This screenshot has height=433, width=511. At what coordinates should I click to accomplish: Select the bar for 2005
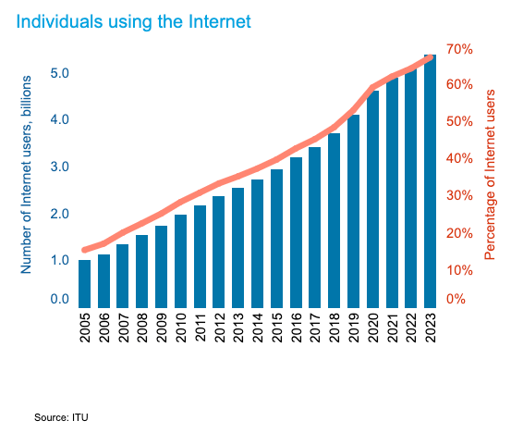pos(85,283)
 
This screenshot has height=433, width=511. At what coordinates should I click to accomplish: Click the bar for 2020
pos(373,199)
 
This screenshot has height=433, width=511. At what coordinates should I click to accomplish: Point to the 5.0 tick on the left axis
pos(59,73)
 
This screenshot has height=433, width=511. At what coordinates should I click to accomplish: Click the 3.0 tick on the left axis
pos(59,167)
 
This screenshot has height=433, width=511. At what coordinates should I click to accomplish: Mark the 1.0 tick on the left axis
pos(59,260)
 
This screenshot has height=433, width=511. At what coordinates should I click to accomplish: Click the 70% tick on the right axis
pos(460,48)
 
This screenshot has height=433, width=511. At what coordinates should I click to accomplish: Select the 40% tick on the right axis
pos(460,158)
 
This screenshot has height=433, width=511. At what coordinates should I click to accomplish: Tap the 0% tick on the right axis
pos(456,299)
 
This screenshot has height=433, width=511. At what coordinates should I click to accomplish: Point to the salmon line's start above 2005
pos(85,250)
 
